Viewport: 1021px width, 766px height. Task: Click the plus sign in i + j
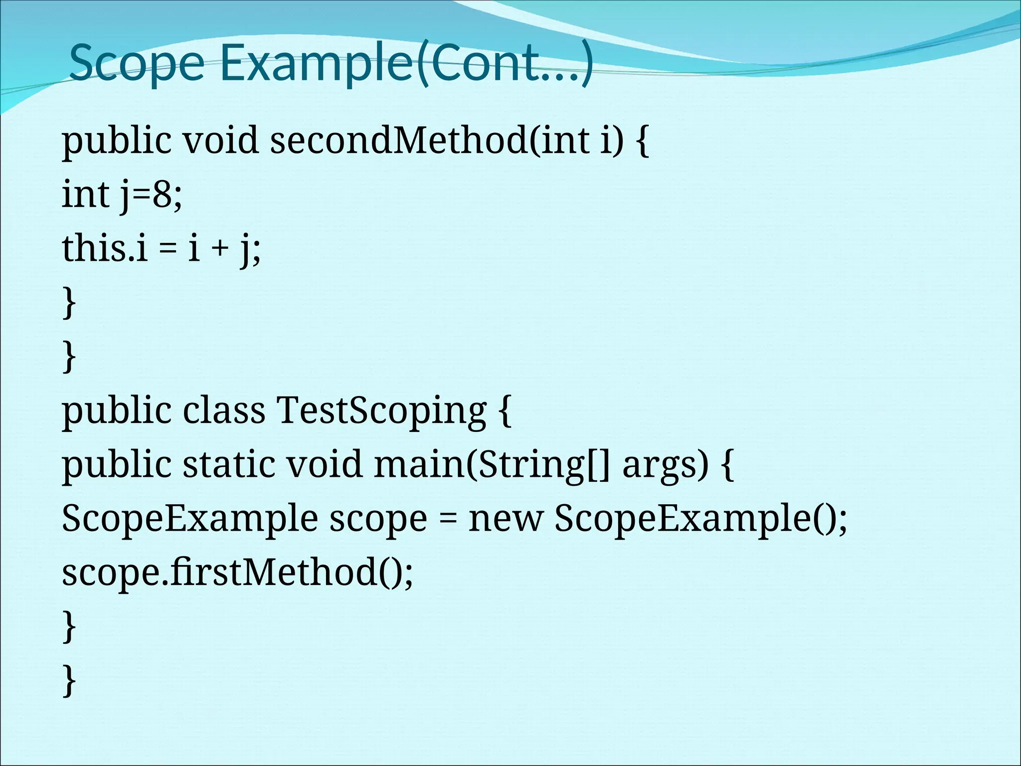point(219,249)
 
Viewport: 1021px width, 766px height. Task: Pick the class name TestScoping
point(381,410)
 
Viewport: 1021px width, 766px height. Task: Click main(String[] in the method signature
point(492,464)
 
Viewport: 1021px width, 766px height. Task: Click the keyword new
point(505,519)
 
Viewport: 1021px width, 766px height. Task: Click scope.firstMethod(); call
point(237,573)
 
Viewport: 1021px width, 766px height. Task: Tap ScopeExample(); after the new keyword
point(700,519)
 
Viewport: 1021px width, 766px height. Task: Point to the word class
point(224,410)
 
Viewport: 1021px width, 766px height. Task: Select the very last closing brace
point(69,680)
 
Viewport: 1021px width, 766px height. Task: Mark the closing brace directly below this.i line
point(69,303)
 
